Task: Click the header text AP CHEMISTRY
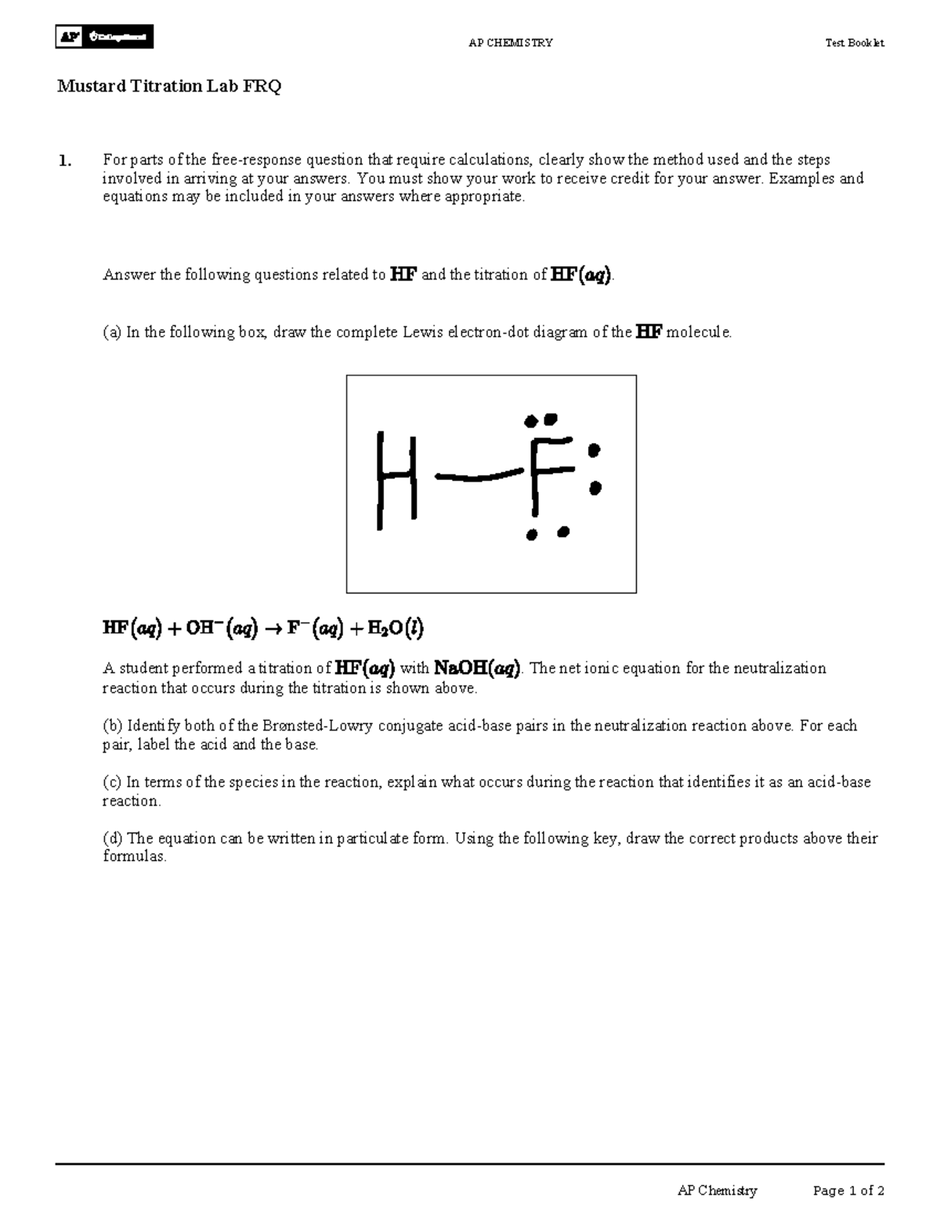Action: coord(510,43)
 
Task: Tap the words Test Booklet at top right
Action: coord(854,43)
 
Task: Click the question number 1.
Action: coord(63,161)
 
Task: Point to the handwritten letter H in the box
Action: coord(396,479)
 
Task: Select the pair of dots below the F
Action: coord(547,534)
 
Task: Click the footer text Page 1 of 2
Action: coord(848,1191)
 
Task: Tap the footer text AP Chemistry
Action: coord(717,1191)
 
